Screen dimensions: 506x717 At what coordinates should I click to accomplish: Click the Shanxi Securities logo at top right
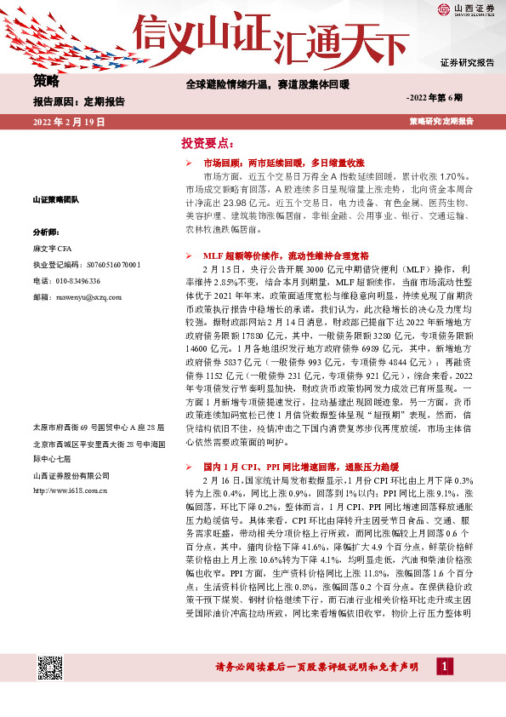point(467,10)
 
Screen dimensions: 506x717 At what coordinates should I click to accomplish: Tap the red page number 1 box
point(444,666)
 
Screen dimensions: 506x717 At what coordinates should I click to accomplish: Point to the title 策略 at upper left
point(46,82)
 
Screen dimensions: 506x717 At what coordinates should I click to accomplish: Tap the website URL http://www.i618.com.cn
point(69,490)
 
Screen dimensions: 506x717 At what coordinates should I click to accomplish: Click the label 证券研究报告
point(467,63)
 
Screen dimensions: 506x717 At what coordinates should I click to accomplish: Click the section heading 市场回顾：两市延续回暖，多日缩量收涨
point(283,162)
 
